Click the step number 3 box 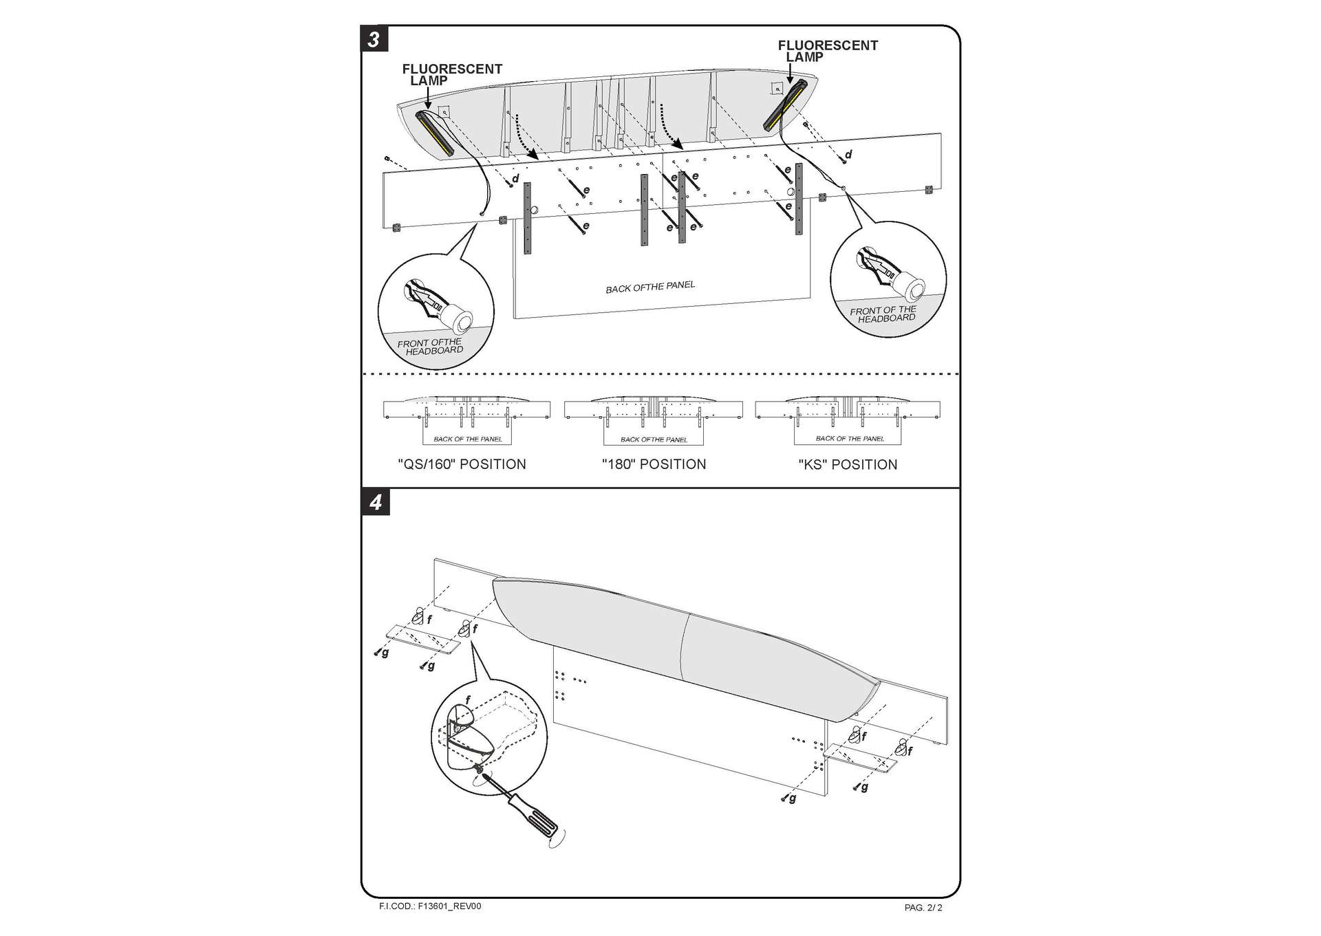pyautogui.click(x=374, y=39)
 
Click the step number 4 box pyautogui.click(x=375, y=503)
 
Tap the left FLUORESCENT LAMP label pyautogui.click(x=451, y=74)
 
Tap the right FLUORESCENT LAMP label pyautogui.click(x=827, y=51)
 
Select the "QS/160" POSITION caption pyautogui.click(x=462, y=464)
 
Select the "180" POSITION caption pyautogui.click(x=654, y=464)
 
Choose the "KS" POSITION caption pyautogui.click(x=848, y=465)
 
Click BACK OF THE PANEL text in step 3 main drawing pyautogui.click(x=650, y=287)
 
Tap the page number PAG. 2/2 pyautogui.click(x=923, y=908)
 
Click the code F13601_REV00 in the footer pyautogui.click(x=430, y=906)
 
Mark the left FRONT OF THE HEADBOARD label pyautogui.click(x=431, y=347)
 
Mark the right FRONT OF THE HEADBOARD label pyautogui.click(x=884, y=314)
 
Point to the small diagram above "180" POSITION pyautogui.click(x=654, y=420)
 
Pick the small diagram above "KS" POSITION pyautogui.click(x=848, y=420)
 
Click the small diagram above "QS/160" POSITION pyautogui.click(x=466, y=420)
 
